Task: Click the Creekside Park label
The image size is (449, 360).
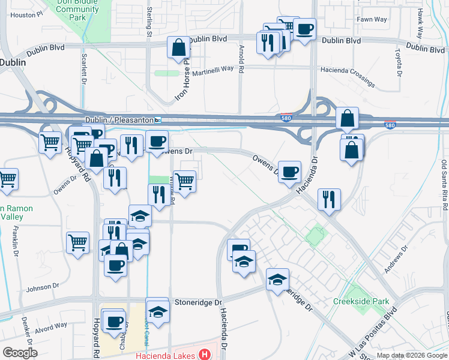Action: click(x=361, y=301)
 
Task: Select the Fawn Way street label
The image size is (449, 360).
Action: click(x=372, y=19)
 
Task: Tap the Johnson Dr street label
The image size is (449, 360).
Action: click(x=40, y=287)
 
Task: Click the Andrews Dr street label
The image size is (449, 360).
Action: click(x=396, y=256)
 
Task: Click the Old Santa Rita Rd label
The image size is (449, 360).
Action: click(x=444, y=185)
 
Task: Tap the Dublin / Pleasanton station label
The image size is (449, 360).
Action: click(x=119, y=120)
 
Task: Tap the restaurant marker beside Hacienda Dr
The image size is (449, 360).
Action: click(x=328, y=200)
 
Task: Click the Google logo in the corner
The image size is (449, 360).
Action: click(x=20, y=353)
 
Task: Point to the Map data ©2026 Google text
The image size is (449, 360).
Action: click(x=412, y=356)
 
